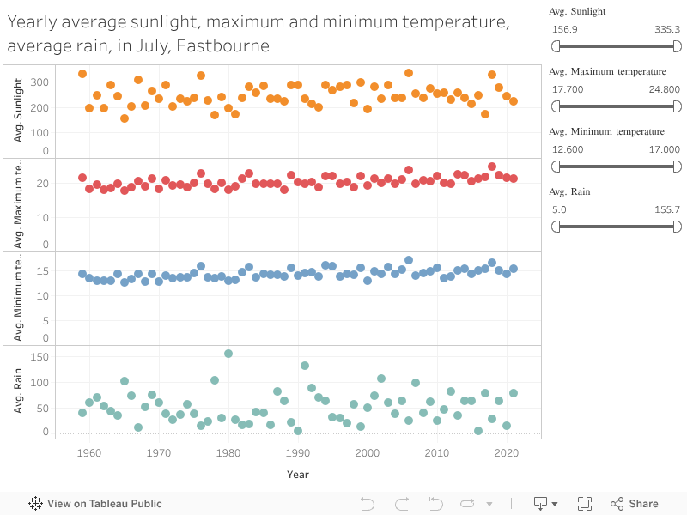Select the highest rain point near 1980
[228, 354]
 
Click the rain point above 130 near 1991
[305, 366]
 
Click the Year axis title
[298, 474]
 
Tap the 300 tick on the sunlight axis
[40, 82]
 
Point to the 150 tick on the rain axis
[40, 356]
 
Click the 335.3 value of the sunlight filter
[666, 29]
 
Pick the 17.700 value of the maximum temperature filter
[568, 89]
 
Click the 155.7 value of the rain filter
[666, 209]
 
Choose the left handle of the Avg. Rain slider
[556, 227]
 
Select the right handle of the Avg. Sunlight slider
[676, 46]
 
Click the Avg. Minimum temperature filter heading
[606, 131]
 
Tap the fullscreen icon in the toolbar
[585, 504]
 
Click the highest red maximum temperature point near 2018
[492, 167]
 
